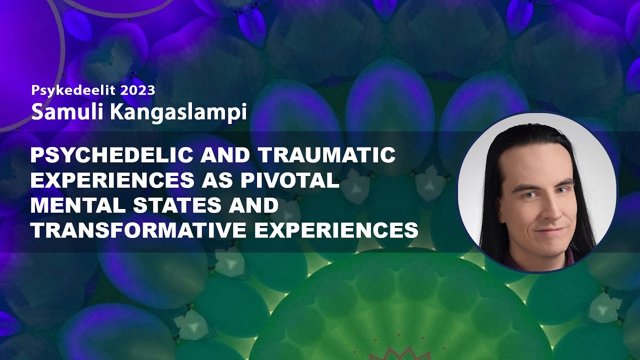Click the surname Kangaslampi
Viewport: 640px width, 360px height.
178,112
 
